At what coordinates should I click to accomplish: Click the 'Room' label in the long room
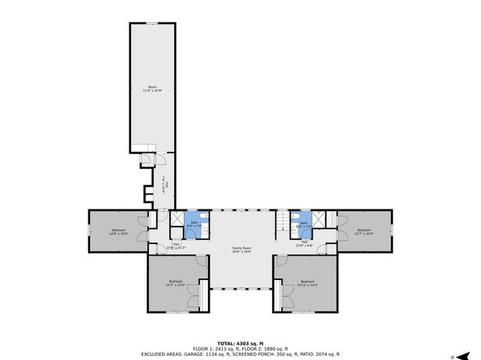click(151, 86)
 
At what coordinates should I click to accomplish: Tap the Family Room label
click(241, 248)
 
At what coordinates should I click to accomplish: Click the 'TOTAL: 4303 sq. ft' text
click(240, 343)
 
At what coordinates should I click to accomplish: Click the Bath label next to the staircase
click(305, 222)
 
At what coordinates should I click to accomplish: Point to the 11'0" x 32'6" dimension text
click(151, 90)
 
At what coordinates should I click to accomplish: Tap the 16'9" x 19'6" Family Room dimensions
click(241, 252)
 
